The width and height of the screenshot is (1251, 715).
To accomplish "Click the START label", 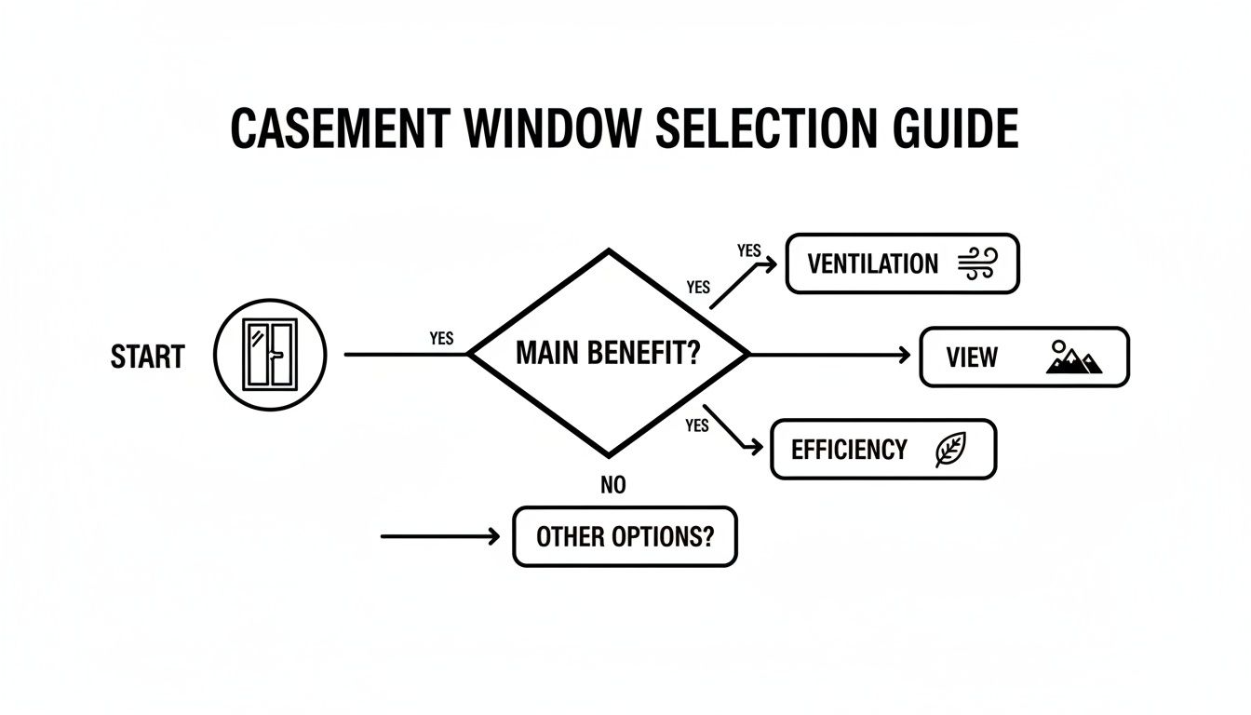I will tap(147, 357).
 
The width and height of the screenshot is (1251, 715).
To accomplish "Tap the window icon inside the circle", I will tap(270, 355).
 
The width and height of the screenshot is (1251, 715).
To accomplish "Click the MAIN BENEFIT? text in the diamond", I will tap(607, 354).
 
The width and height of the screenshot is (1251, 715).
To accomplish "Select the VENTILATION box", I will tap(902, 263).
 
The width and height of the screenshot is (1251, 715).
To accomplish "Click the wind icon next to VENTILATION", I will tap(976, 263).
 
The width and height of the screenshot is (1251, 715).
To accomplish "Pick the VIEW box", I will tap(1023, 357).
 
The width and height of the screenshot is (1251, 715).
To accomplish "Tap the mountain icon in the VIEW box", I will tap(1073, 357).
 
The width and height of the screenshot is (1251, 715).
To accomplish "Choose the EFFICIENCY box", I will tap(882, 450).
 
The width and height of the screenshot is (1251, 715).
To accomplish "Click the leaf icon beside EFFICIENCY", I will tap(950, 451).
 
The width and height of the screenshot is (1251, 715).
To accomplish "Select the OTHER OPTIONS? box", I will tap(625, 536).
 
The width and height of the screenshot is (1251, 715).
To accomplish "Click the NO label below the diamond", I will tap(613, 485).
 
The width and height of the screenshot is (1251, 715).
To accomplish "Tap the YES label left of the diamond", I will tap(441, 339).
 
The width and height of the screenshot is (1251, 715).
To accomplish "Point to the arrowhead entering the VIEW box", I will tap(903, 355).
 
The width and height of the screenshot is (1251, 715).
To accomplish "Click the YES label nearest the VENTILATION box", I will tap(748, 250).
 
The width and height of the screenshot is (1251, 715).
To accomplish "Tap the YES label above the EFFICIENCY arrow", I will tap(696, 425).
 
